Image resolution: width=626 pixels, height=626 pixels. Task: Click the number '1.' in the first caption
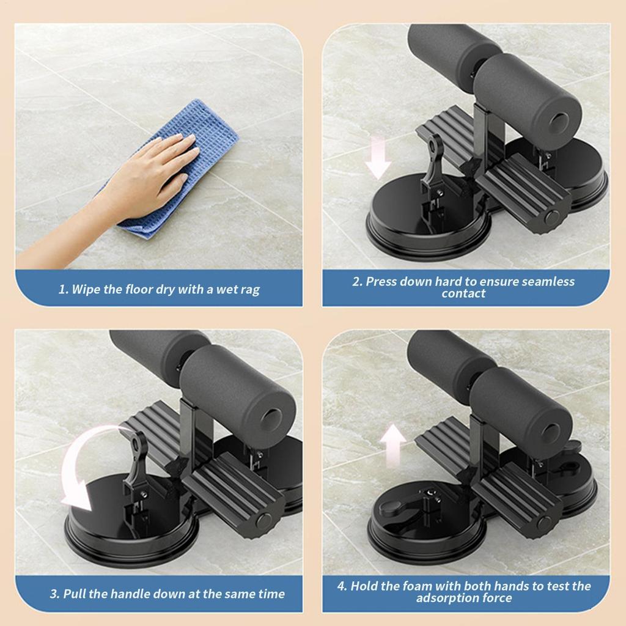tap(64, 290)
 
